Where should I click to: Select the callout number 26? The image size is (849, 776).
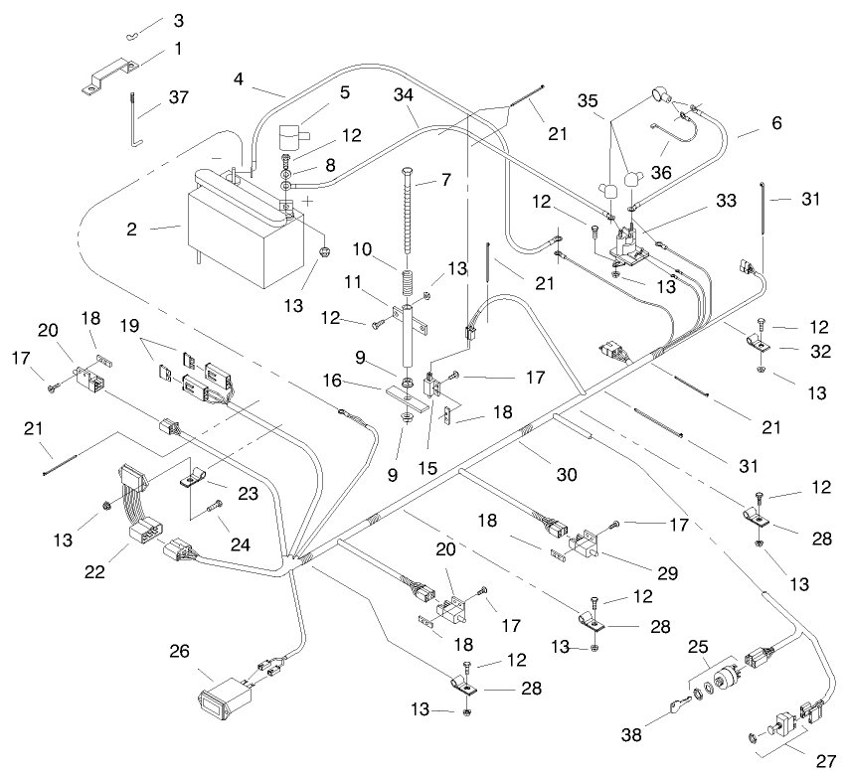(178, 652)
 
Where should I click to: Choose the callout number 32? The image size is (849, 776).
(816, 350)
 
